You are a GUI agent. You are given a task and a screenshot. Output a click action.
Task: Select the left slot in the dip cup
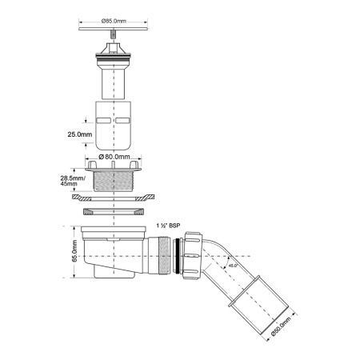coord(102,118)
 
